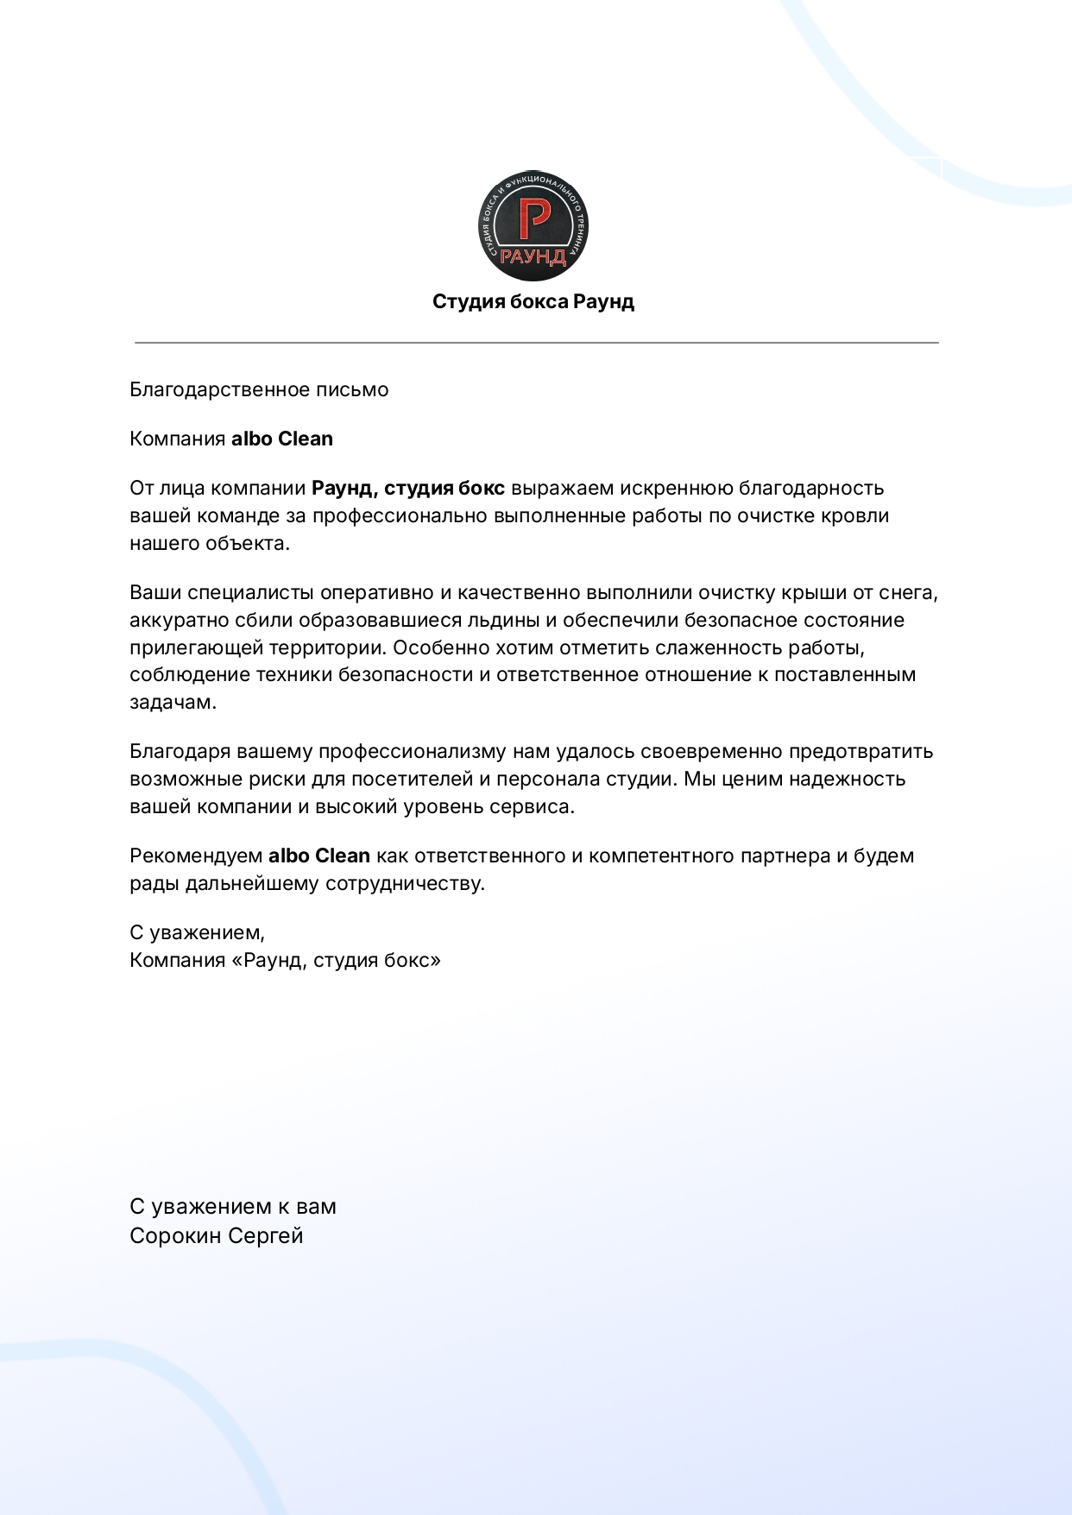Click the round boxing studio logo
533,225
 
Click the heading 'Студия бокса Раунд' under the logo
533,301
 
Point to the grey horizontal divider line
536,343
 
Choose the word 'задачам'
172,702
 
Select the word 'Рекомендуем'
196,855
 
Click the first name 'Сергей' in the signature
268,1235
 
